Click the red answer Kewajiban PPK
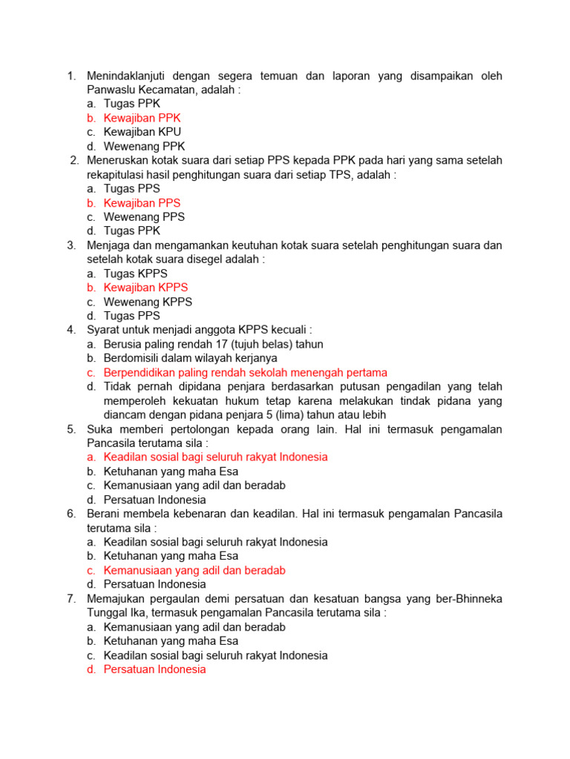coord(142,118)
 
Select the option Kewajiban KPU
coord(142,132)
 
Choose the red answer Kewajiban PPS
coord(142,203)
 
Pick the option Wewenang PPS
coord(144,217)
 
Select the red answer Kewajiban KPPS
coord(145,288)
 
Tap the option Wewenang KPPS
coord(148,302)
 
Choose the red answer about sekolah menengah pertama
coord(245,372)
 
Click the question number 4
coord(71,330)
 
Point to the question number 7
coord(71,599)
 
